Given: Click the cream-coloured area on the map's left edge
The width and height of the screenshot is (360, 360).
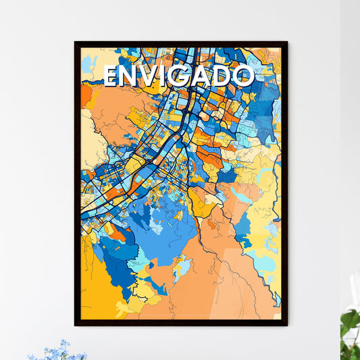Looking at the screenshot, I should (x=88, y=142).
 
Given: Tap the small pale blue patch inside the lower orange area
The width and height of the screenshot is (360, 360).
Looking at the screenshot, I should (x=181, y=269).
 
